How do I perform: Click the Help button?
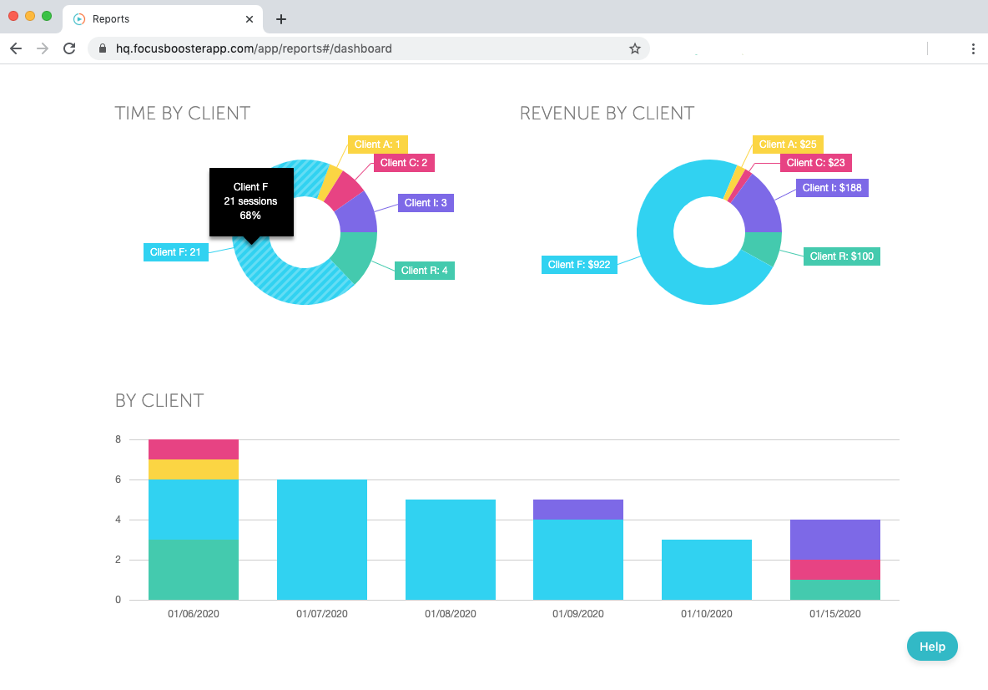pyautogui.click(x=932, y=647)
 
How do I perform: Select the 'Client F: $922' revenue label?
pyautogui.click(x=579, y=265)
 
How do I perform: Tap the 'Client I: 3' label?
pyautogui.click(x=426, y=203)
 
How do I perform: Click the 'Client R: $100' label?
pyautogui.click(x=841, y=256)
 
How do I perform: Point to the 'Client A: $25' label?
pyautogui.click(x=788, y=145)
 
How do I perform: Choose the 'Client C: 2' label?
pyautogui.click(x=404, y=163)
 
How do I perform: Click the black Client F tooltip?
pyautogui.click(x=250, y=201)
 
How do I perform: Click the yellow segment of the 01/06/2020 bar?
pyautogui.click(x=194, y=469)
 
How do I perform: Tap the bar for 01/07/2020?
pyautogui.click(x=322, y=540)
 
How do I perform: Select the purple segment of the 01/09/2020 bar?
pyautogui.click(x=578, y=510)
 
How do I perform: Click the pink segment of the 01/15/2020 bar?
pyautogui.click(x=835, y=570)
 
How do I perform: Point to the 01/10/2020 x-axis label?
pyautogui.click(x=707, y=614)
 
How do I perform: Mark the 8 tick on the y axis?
pyautogui.click(x=118, y=439)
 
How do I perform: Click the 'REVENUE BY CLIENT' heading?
pyautogui.click(x=607, y=114)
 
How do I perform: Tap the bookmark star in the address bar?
pyautogui.click(x=635, y=48)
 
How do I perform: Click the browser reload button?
pyautogui.click(x=69, y=48)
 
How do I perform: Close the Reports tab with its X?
pyautogui.click(x=250, y=18)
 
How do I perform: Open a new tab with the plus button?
pyautogui.click(x=281, y=18)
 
